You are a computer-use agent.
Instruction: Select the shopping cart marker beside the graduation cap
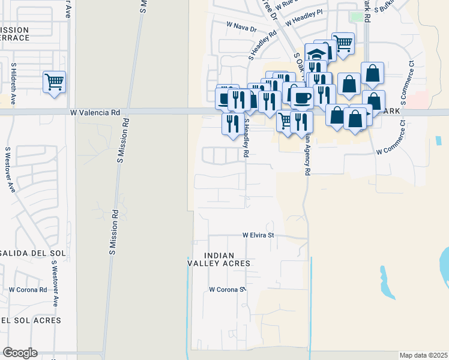(342, 43)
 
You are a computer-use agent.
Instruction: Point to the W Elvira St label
(258, 235)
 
